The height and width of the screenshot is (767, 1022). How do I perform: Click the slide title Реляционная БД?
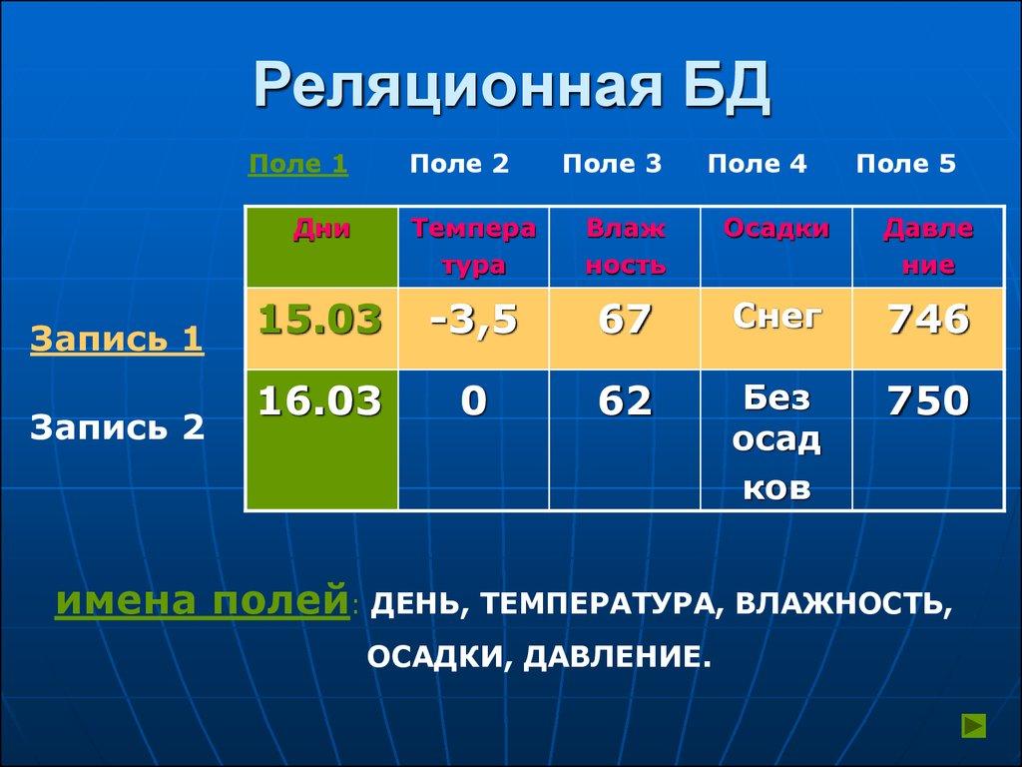[x=511, y=86]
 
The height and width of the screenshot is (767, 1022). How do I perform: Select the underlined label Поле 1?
[x=297, y=165]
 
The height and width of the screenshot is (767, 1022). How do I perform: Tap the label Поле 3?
[x=612, y=165]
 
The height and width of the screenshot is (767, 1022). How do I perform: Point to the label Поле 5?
[x=905, y=165]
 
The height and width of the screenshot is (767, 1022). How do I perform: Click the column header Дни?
[x=321, y=230]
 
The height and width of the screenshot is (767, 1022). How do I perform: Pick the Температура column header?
[x=474, y=247]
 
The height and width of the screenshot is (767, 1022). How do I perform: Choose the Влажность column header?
[x=625, y=247]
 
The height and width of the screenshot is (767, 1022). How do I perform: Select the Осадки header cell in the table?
[x=776, y=230]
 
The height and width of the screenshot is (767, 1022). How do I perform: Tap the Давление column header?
[x=927, y=247]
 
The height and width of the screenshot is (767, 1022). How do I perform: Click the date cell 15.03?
[x=320, y=321]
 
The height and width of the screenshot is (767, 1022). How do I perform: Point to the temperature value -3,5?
[x=474, y=321]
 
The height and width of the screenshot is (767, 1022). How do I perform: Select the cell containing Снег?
[x=776, y=318]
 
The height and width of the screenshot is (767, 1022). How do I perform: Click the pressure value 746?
[x=927, y=321]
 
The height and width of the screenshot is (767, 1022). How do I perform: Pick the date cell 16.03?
[x=320, y=401]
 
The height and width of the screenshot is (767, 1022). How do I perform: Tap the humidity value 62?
[x=625, y=401]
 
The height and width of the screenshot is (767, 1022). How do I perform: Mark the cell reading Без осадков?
[x=776, y=442]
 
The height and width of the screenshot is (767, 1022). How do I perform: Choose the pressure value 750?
[x=927, y=401]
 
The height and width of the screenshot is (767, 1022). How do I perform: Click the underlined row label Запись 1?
[x=117, y=340]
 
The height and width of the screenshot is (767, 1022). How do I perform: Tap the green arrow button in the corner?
[x=973, y=725]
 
